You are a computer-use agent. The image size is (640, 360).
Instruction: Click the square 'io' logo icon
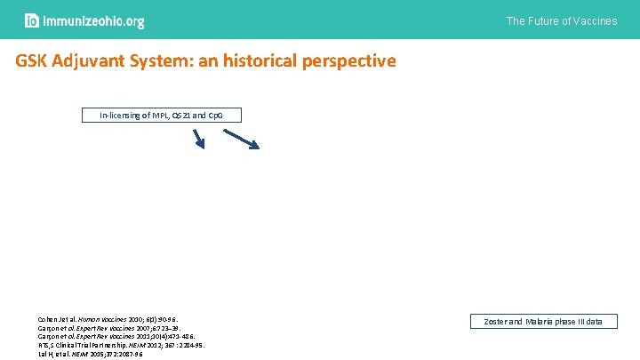tap(31, 20)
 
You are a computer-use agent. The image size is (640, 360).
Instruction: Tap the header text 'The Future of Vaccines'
tap(561, 20)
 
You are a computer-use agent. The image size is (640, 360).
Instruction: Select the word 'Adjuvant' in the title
tap(99, 61)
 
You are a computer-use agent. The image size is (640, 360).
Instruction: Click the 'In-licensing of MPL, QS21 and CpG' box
tap(162, 116)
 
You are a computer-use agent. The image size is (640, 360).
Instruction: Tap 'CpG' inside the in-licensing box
tap(228, 116)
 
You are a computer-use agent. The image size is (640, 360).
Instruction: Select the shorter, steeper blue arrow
tap(199, 139)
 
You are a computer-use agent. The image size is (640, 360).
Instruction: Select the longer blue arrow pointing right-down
tap(241, 139)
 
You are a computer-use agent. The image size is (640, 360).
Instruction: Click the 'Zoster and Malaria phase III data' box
tap(543, 321)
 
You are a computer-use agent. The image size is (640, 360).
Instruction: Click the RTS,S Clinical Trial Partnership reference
tap(119, 344)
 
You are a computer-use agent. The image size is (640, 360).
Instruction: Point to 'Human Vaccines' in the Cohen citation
tap(107, 317)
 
